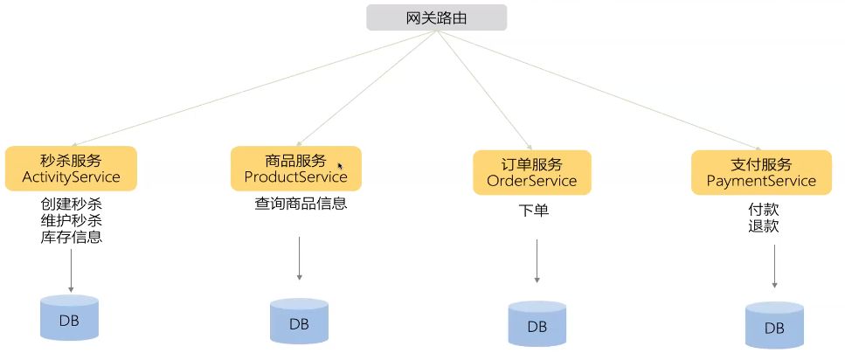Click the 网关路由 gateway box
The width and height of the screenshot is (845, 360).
[x=435, y=18]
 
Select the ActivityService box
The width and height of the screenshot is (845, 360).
[x=71, y=170]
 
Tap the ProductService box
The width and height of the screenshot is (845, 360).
[x=295, y=169]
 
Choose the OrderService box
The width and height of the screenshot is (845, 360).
[x=531, y=172]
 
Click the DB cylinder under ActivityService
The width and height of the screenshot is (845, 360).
[x=69, y=319]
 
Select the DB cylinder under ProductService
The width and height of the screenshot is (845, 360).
[x=299, y=322]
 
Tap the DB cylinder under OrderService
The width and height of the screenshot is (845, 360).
[x=537, y=325]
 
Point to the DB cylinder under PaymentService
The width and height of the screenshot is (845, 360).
[x=774, y=327]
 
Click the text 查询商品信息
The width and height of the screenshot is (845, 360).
[x=301, y=204]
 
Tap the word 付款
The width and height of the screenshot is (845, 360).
[x=763, y=210]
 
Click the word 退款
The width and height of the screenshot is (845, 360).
[x=763, y=226]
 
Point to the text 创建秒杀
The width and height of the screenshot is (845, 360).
[x=71, y=204]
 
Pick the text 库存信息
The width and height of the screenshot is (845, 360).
[x=71, y=236]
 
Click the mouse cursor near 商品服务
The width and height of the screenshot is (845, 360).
[x=340, y=165]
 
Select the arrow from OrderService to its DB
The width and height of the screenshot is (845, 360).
[x=537, y=261]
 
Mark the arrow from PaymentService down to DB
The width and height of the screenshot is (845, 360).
[x=774, y=267]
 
